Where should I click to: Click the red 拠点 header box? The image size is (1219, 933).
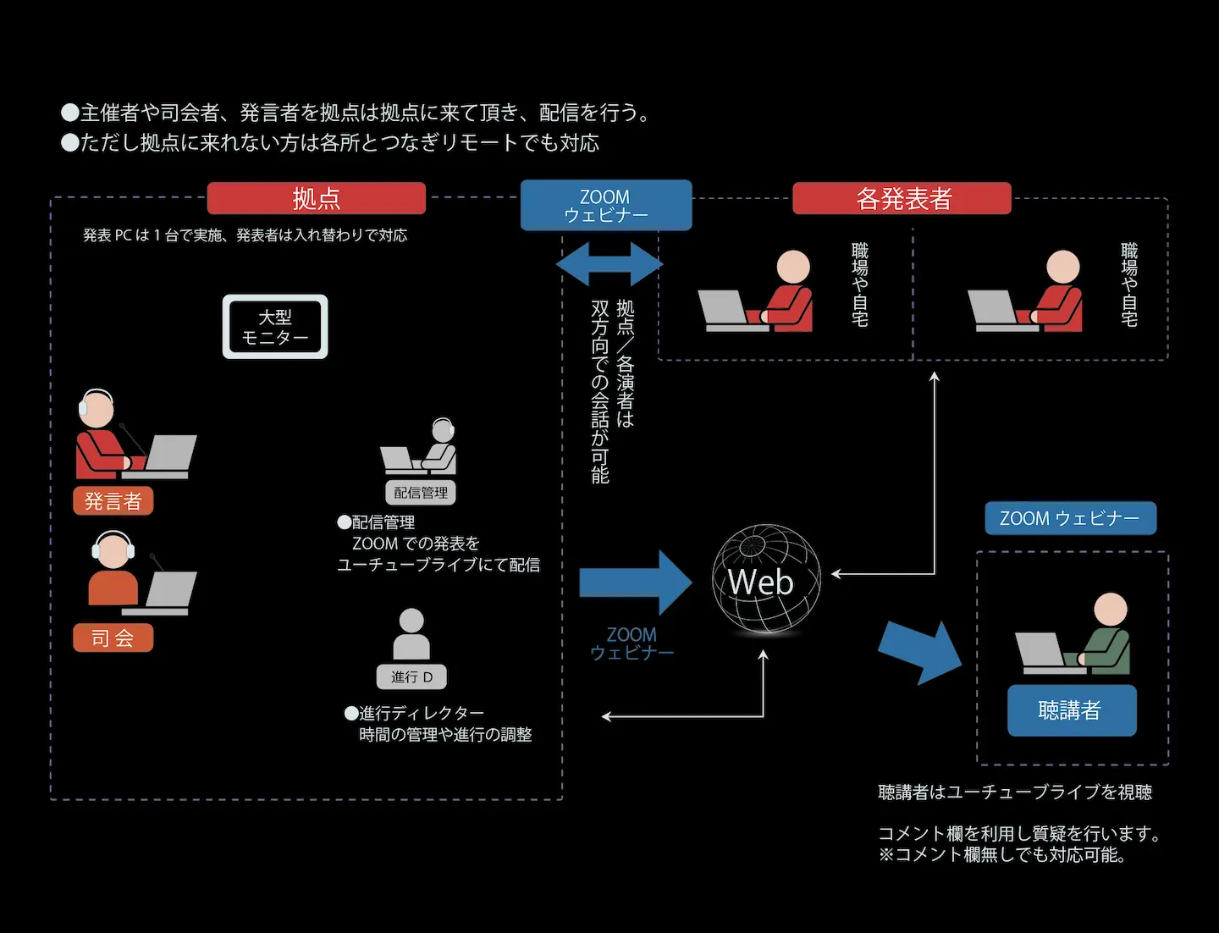coord(317,198)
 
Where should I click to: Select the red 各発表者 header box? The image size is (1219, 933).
coord(902,198)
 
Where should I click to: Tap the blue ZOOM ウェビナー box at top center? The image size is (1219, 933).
coord(606,205)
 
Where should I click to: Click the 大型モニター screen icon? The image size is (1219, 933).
coord(275,327)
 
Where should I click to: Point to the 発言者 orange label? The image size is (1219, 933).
coord(113,501)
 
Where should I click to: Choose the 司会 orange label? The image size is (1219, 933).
coord(113,638)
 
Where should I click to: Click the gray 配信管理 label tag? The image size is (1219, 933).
coord(421,493)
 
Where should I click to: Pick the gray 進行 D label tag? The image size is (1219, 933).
coord(411,676)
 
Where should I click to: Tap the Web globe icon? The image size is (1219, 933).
coord(766,579)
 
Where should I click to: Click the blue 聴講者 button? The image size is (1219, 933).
coord(1072,710)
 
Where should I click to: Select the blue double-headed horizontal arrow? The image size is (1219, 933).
coord(609,264)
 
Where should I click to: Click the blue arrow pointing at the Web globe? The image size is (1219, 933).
coord(636,582)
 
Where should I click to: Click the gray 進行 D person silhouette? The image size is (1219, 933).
coord(411,634)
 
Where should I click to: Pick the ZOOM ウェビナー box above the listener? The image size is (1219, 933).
coord(1071,518)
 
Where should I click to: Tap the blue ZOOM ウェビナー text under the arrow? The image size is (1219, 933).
coord(632,643)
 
